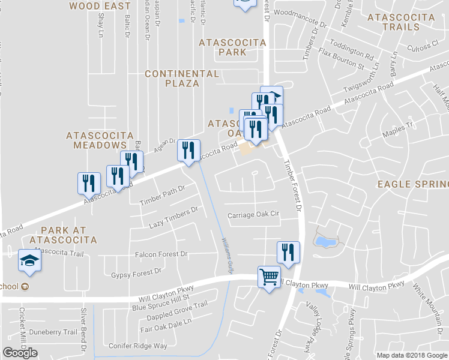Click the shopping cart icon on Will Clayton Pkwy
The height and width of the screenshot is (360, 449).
pos(268,278)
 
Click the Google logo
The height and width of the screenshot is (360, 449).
pos(20,353)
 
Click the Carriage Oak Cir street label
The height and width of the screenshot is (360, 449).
pos(254,214)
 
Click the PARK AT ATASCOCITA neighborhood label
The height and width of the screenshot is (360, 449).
pos(68,235)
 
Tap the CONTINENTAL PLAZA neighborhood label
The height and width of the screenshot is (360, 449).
pos(182,78)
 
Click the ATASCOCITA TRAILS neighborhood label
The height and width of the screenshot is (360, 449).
pos(401,22)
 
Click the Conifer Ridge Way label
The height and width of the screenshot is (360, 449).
pos(137,346)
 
